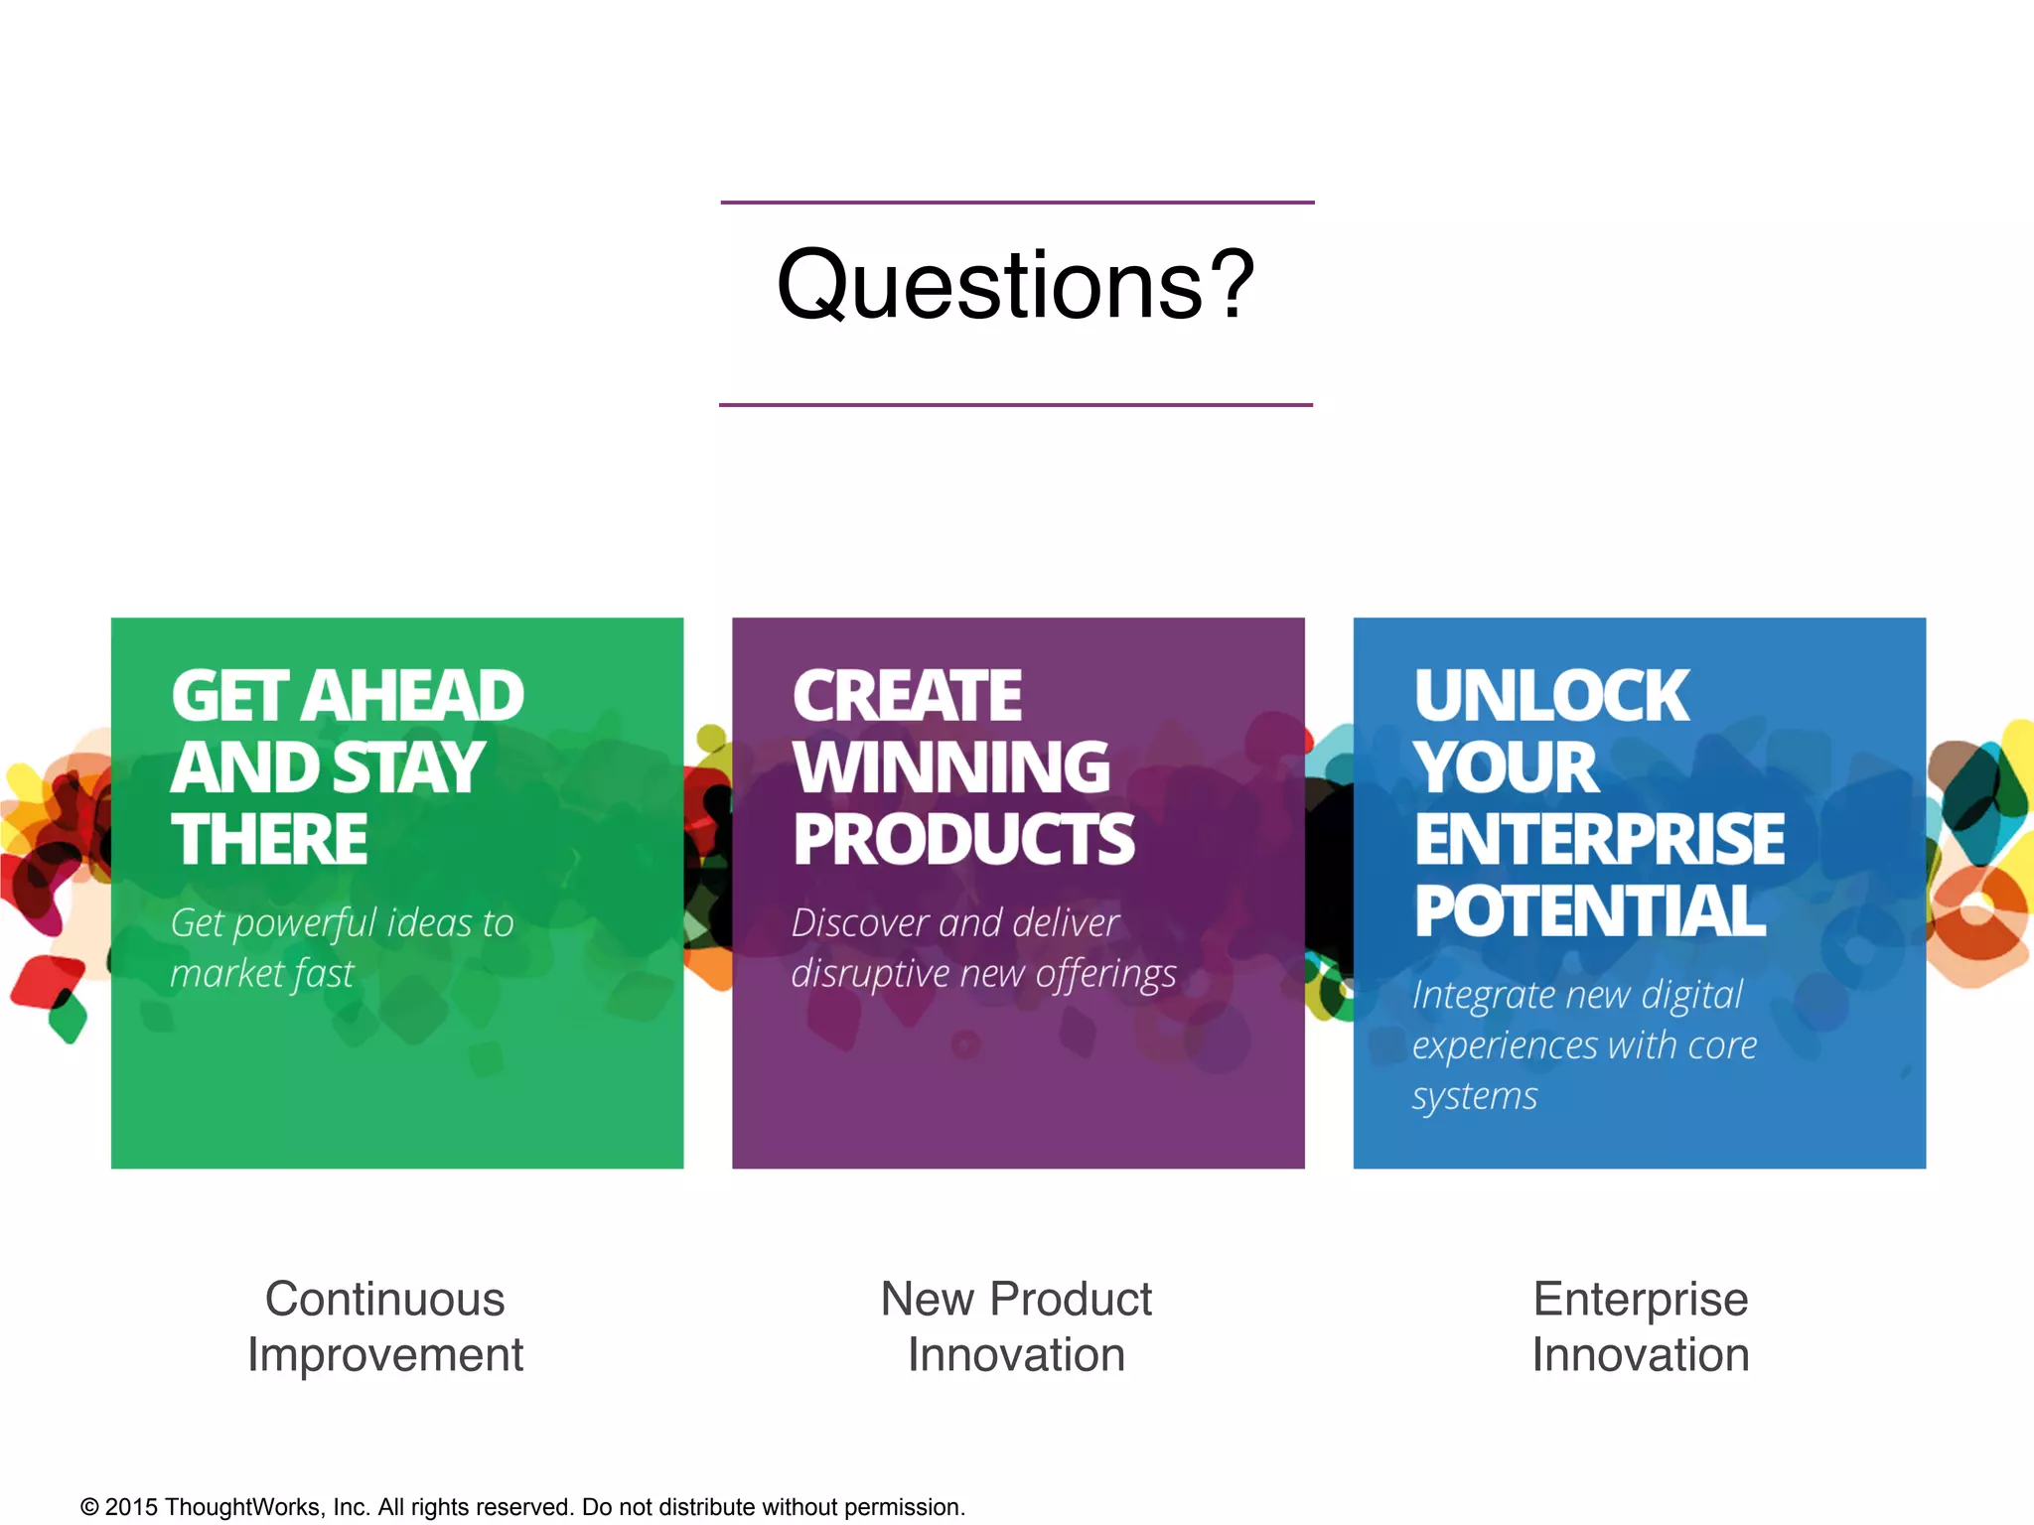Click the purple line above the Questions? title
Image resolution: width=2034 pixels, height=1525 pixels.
pos(1017,203)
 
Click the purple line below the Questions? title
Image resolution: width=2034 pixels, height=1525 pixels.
pos(1016,405)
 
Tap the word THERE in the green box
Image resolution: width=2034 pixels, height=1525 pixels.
pos(269,839)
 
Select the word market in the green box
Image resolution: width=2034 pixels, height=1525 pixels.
pos(219,973)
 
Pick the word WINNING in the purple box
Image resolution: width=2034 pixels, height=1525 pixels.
pos(951,767)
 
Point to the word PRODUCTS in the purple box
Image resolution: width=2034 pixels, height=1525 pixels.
pos(963,840)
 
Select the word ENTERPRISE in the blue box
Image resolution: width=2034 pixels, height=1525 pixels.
pos(1599,840)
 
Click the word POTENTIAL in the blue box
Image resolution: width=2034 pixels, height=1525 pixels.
pos(1589,911)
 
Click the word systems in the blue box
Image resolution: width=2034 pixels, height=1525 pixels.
pos(1475,1096)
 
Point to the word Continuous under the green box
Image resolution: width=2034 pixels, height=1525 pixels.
pos(385,1300)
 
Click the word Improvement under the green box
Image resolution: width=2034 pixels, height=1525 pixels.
pos(385,1355)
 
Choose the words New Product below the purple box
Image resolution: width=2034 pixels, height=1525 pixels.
pos(1016,1300)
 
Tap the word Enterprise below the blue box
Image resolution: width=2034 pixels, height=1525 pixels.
pos(1640,1300)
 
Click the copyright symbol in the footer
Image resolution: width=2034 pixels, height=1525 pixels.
pos(89,1507)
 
